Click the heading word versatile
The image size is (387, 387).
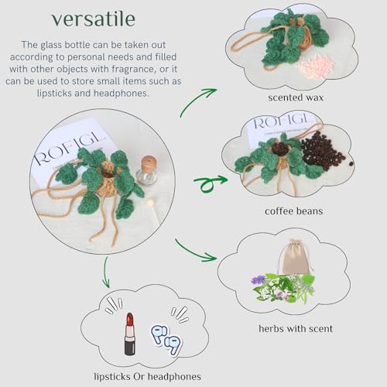click(x=94, y=19)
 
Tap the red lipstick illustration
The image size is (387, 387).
click(x=129, y=334)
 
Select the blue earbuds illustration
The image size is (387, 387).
click(x=166, y=339)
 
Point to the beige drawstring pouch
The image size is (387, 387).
click(x=294, y=257)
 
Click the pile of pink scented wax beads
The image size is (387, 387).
click(x=316, y=67)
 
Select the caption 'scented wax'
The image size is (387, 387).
click(x=296, y=98)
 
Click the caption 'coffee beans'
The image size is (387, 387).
click(x=294, y=211)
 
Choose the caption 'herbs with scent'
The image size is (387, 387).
click(x=296, y=328)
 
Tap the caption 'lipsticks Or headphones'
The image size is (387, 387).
click(x=147, y=376)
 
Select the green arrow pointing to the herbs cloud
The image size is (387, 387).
click(x=194, y=252)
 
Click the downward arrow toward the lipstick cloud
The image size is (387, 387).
click(x=105, y=272)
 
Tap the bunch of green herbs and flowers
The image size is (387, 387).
click(x=283, y=288)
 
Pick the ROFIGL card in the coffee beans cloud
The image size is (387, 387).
click(x=280, y=130)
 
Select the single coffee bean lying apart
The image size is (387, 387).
click(x=351, y=163)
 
